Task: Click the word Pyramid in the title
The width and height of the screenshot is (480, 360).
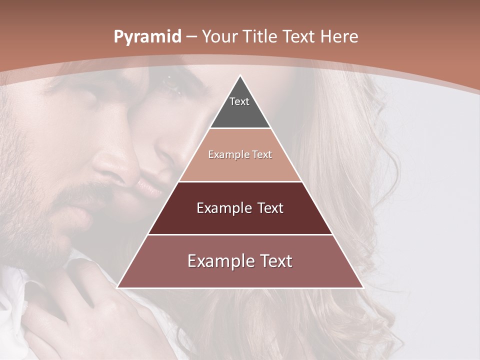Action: pyautogui.click(x=147, y=37)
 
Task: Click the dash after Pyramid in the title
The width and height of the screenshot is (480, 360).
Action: pyautogui.click(x=191, y=37)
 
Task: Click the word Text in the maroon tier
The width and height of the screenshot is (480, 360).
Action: pyautogui.click(x=267, y=208)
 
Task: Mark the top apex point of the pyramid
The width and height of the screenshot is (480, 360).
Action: pyautogui.click(x=240, y=75)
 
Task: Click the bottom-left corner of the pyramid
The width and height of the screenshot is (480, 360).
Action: pyautogui.click(x=117, y=287)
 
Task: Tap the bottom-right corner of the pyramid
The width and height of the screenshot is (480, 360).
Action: pyautogui.click(x=363, y=287)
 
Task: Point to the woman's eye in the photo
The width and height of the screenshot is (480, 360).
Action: pyautogui.click(x=172, y=85)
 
